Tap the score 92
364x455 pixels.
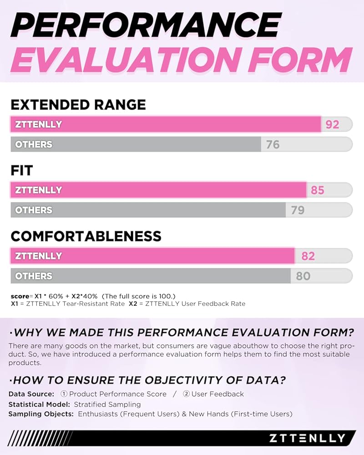pyautogui.click(x=332, y=124)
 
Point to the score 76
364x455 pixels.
pyautogui.click(x=273, y=145)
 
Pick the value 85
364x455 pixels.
pyautogui.click(x=317, y=190)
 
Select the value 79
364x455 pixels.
pyautogui.click(x=298, y=210)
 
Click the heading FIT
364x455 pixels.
pyautogui.click(x=22, y=171)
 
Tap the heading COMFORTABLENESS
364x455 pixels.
pyautogui.click(x=86, y=237)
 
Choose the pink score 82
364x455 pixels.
pyautogui.click(x=308, y=256)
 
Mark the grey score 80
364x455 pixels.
pyautogui.click(x=303, y=276)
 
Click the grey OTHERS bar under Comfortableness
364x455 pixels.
pyautogui.click(x=150, y=276)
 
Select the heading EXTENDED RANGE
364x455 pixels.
pyautogui.click(x=78, y=105)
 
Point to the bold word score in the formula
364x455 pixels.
pyautogui.click(x=19, y=296)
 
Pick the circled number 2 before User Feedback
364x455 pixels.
pyautogui.click(x=186, y=394)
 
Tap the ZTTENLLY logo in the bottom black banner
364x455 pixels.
pyautogui.click(x=307, y=438)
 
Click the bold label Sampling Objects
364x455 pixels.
pyautogui.click(x=41, y=414)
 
